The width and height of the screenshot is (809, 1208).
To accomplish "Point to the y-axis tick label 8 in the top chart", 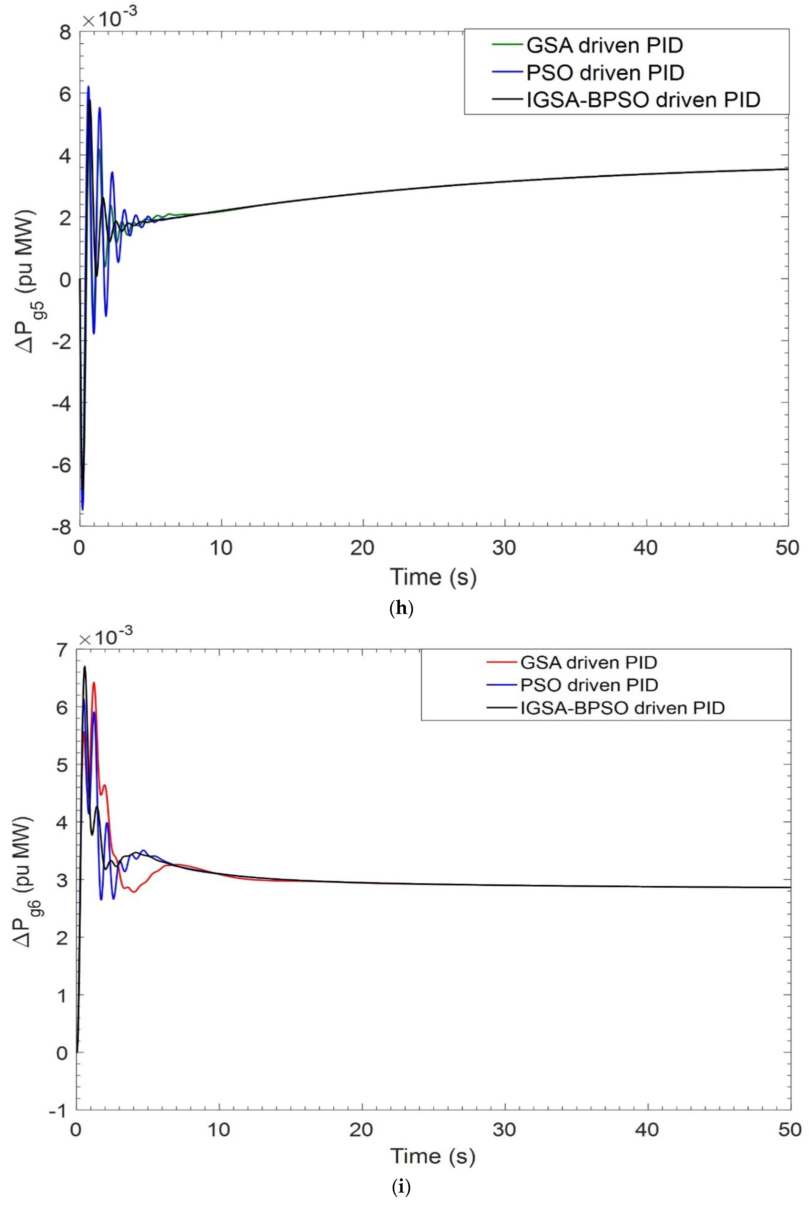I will (x=65, y=33).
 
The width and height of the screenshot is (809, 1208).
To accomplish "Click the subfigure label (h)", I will (x=402, y=609).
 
